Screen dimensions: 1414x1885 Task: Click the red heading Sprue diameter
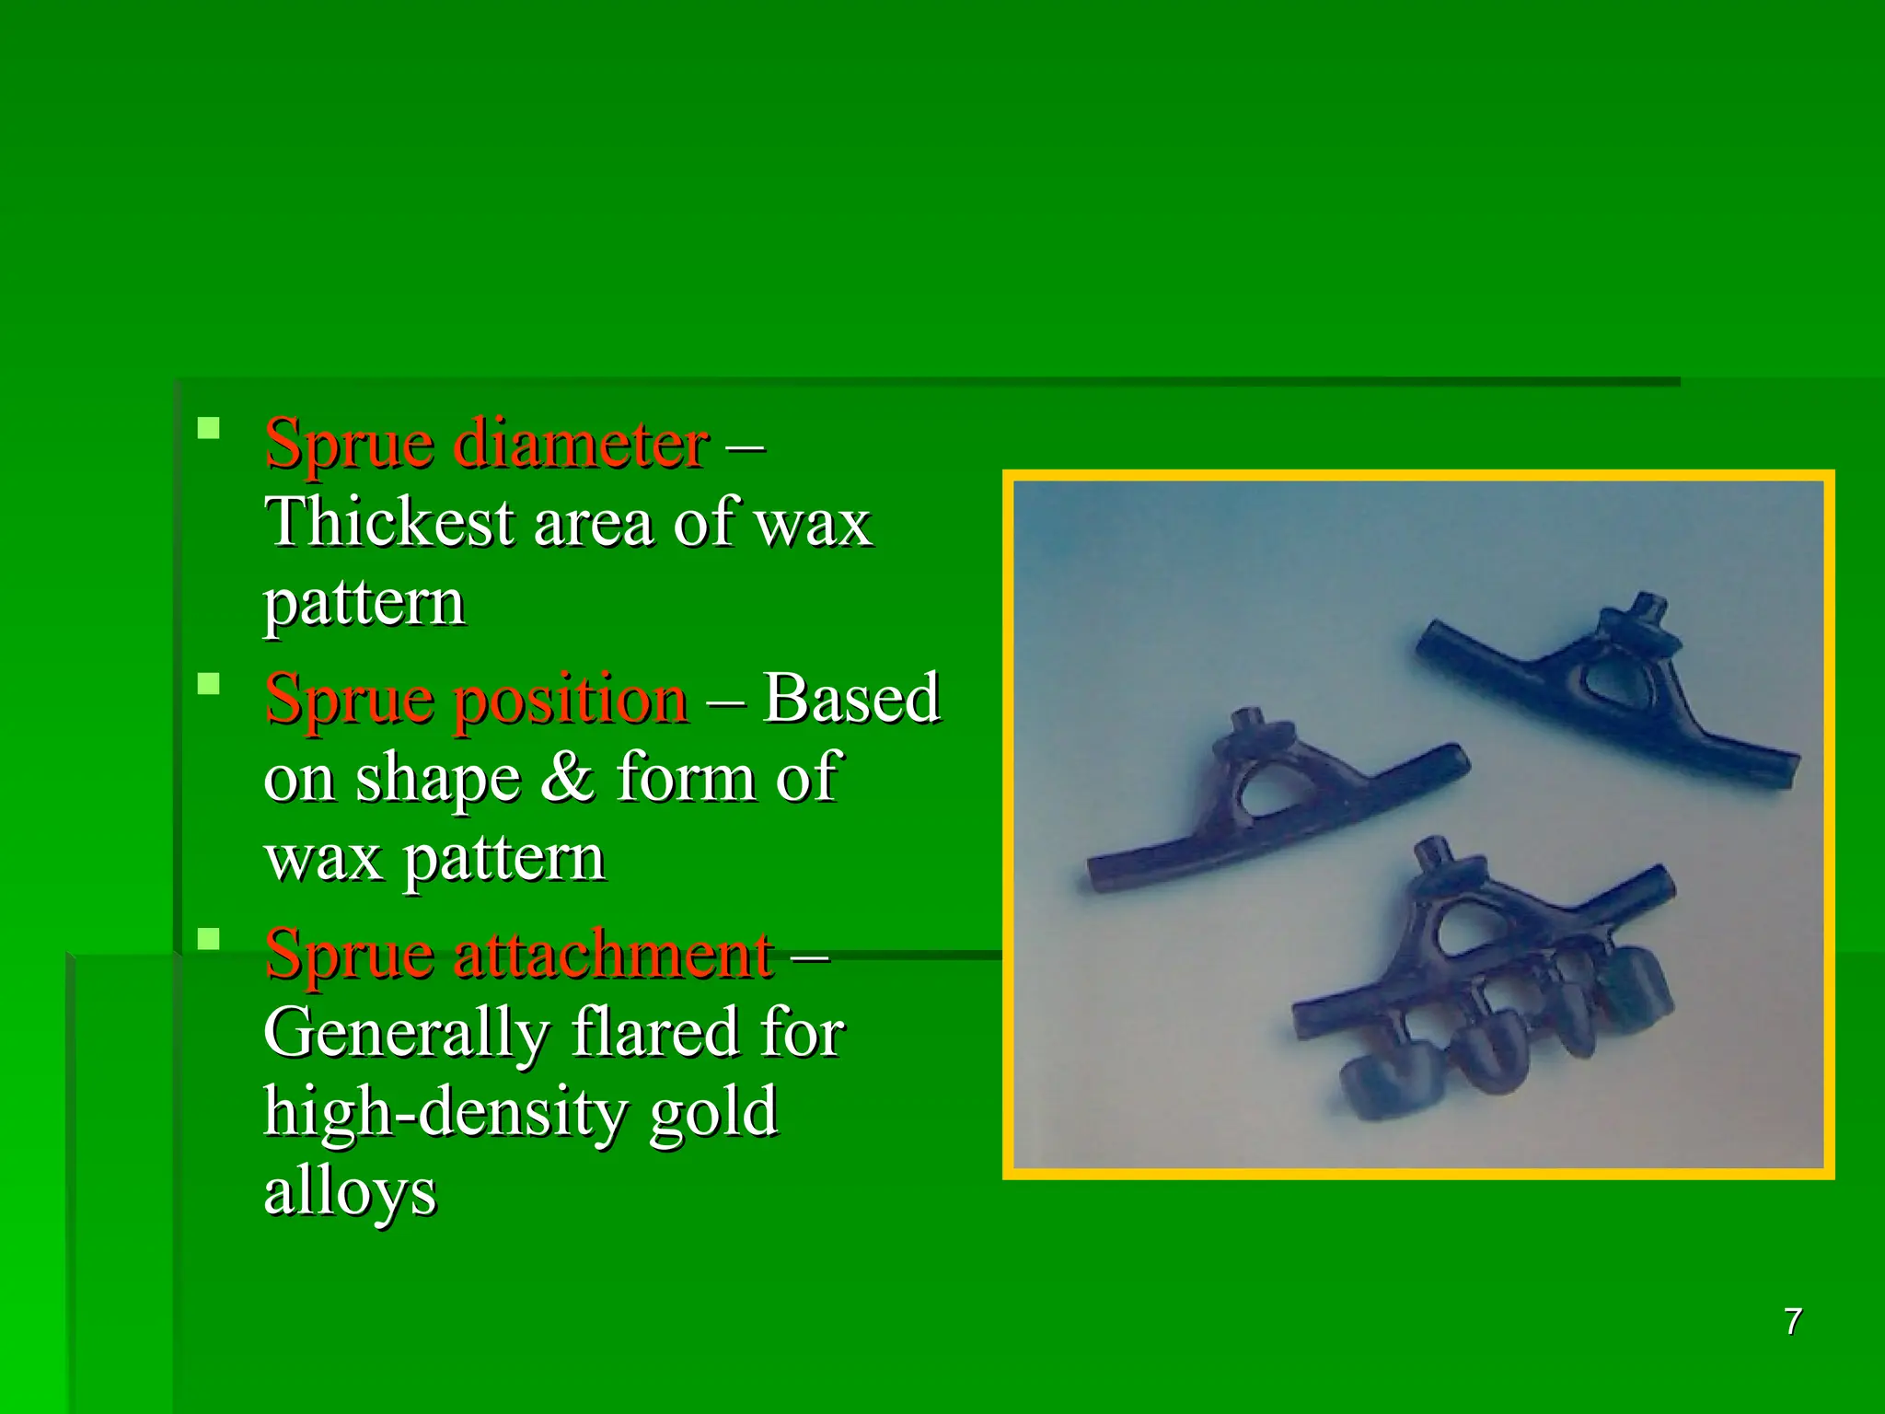pos(486,444)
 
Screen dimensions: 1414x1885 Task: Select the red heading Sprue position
pos(476,699)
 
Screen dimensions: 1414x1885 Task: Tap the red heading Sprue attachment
pos(518,954)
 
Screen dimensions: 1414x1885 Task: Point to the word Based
pos(850,699)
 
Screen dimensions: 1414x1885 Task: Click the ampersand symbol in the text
pos(567,777)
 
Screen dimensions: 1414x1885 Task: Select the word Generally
pos(406,1032)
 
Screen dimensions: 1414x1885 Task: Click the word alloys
pos(350,1191)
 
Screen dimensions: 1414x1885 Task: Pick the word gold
pos(713,1111)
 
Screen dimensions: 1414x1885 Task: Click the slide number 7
pos(1792,1322)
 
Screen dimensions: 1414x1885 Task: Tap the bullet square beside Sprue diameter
pos(209,428)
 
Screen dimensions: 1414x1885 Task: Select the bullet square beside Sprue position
pos(209,683)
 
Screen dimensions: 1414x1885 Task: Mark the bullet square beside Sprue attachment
pos(209,938)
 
